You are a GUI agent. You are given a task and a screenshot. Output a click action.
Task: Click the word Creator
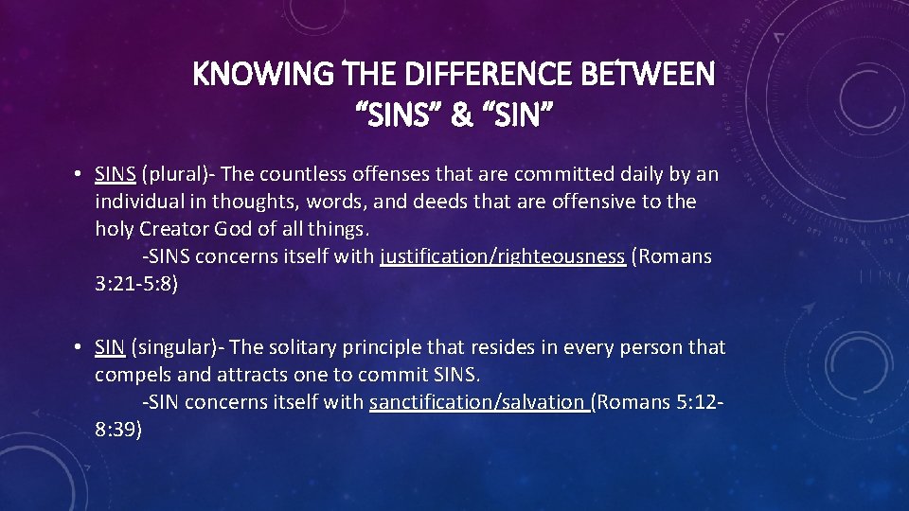(174, 229)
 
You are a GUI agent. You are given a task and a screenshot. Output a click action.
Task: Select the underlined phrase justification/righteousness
(502, 256)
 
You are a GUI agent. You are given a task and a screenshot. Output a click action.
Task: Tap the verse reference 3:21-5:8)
(136, 284)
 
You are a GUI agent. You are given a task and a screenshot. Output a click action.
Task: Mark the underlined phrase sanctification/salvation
(479, 402)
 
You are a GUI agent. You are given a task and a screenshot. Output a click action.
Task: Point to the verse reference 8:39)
(118, 430)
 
